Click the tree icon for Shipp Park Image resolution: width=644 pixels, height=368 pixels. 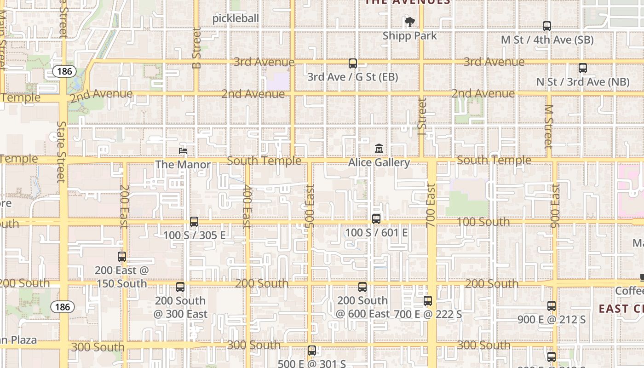click(409, 22)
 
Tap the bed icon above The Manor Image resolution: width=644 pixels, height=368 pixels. click(183, 150)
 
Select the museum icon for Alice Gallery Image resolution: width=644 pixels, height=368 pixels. click(379, 149)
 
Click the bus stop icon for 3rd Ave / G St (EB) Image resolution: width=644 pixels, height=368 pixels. click(353, 63)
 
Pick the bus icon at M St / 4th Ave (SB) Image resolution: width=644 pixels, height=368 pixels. click(547, 26)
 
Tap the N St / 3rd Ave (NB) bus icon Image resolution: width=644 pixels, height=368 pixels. click(583, 68)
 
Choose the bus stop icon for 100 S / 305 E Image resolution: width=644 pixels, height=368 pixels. click(194, 222)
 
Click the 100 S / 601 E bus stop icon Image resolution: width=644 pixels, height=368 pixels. click(376, 219)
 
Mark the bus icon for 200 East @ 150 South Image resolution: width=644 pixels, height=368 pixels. click(122, 257)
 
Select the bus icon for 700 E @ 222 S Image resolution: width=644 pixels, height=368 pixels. click(428, 301)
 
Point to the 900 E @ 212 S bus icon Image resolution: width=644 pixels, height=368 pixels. click(552, 305)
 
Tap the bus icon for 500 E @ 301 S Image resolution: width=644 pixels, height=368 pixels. click(312, 351)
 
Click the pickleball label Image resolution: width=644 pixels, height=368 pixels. click(236, 18)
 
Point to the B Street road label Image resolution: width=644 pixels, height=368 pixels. click(197, 48)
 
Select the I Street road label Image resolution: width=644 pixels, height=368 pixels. click(422, 113)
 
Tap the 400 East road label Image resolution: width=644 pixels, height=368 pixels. click(247, 206)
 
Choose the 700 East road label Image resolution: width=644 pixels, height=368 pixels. click(431, 205)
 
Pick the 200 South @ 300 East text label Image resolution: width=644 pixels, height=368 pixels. click(180, 307)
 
